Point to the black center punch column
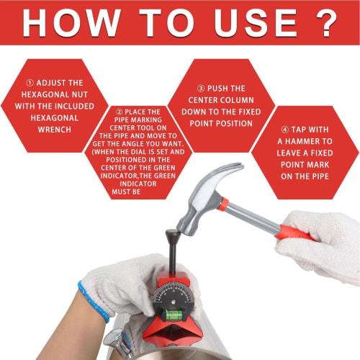point(175,260)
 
